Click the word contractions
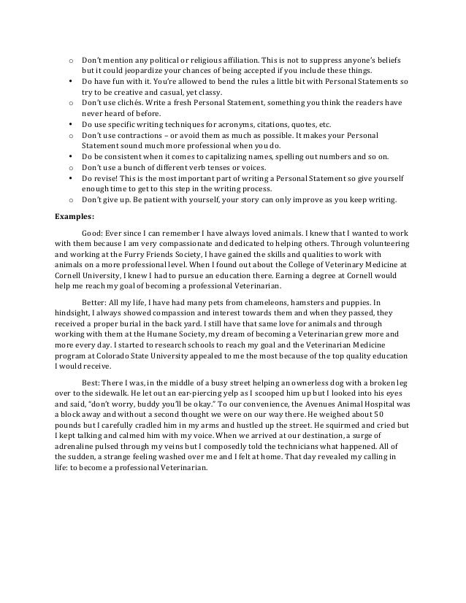pos(137,136)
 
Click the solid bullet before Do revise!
pos(69,177)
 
